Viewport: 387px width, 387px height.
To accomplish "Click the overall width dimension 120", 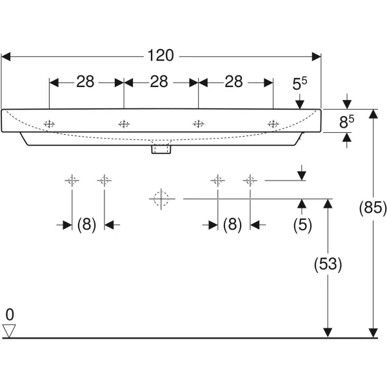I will (161, 56).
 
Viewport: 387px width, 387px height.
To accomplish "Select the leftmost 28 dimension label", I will (86, 82).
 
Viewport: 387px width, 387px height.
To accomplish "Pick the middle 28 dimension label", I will (160, 82).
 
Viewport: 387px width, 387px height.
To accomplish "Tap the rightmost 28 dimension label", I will (235, 82).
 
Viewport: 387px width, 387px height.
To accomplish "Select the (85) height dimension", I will (373, 208).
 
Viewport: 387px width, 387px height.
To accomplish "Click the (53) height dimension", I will (328, 264).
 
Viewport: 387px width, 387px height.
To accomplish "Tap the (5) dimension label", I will (302, 224).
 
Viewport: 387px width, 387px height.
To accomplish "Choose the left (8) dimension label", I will (86, 224).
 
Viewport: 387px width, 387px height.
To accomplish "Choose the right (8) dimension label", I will (232, 224).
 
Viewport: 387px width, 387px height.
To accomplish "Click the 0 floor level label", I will (9, 315).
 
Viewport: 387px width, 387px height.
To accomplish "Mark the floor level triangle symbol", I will (9, 330).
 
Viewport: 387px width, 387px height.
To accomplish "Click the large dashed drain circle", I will (161, 199).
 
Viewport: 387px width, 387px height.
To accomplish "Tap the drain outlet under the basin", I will (160, 150).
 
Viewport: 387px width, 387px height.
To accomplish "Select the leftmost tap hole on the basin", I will (49, 123).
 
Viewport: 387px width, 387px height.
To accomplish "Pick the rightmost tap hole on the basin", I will (273, 123).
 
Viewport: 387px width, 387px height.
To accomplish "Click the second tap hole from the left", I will (123, 123).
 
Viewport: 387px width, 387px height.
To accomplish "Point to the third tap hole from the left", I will (198, 123).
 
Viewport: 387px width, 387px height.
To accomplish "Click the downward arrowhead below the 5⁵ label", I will (299, 104).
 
